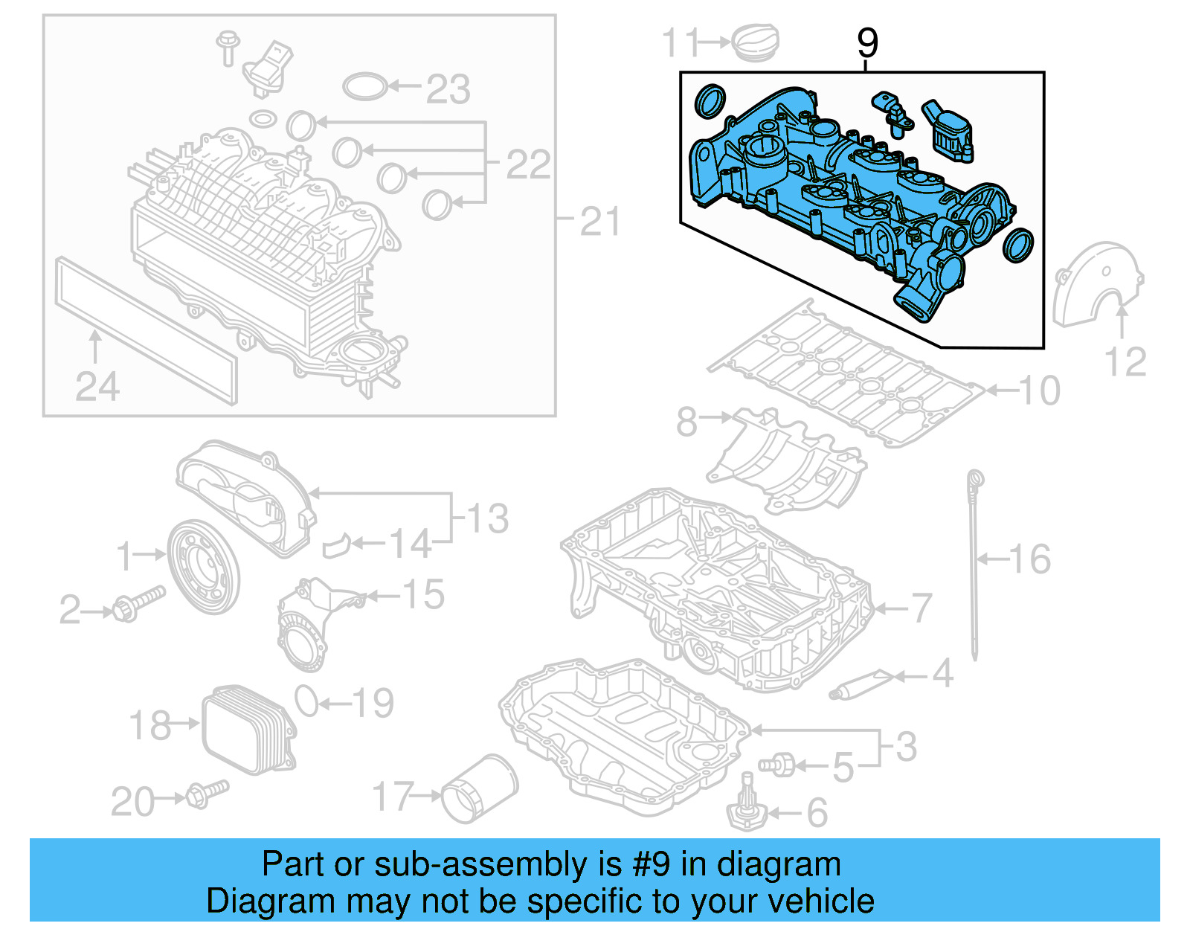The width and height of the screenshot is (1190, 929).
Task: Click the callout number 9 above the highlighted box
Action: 867,43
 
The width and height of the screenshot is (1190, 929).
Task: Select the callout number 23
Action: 448,90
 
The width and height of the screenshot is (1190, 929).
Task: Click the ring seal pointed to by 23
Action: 365,86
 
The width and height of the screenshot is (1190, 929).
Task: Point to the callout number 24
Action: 97,387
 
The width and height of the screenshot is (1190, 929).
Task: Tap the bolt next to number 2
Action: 138,603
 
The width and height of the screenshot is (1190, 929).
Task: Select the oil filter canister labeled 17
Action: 479,789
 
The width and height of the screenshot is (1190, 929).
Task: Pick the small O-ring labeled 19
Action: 306,701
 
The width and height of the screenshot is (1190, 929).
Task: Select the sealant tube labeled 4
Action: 861,684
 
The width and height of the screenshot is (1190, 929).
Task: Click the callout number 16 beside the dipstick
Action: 1029,559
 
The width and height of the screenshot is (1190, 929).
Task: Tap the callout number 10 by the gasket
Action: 1038,390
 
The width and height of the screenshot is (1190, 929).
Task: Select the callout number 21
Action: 599,222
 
